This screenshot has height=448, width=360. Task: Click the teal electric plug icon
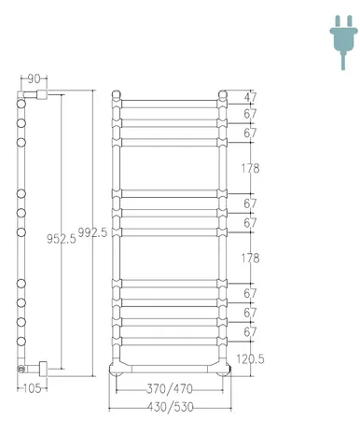pos(343,42)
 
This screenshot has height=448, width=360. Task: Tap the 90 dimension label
pos(34,79)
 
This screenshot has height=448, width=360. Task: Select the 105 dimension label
pos(32,388)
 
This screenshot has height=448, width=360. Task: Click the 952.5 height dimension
pos(62,239)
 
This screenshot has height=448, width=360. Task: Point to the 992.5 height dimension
pos(92,232)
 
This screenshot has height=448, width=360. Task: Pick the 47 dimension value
pos(250,97)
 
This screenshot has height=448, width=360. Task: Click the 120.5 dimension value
pos(250,359)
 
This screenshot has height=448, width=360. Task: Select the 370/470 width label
pos(170,389)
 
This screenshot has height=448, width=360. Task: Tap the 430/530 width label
pos(171,407)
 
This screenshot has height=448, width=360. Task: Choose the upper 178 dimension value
pos(250,168)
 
